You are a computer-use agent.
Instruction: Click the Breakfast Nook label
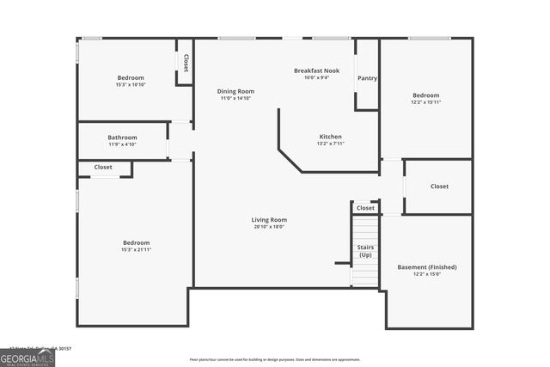311,70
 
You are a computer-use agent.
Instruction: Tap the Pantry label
367,77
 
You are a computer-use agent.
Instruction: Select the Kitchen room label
331,137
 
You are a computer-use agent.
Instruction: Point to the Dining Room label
235,91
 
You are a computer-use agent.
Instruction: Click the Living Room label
269,219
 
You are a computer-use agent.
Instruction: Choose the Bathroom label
122,138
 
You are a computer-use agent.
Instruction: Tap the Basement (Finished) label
427,267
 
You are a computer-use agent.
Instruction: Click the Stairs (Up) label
365,251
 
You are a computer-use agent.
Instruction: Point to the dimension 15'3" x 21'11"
136,250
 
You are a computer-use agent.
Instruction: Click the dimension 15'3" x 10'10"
131,85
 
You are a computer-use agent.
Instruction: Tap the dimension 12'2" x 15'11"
426,102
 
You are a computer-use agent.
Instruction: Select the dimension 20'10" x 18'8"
269,227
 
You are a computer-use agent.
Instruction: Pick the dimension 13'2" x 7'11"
331,144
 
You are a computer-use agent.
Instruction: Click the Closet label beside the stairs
365,208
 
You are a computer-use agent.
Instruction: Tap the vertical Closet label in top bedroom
186,62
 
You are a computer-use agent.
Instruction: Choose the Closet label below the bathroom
103,168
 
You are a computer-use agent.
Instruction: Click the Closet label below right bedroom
439,187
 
